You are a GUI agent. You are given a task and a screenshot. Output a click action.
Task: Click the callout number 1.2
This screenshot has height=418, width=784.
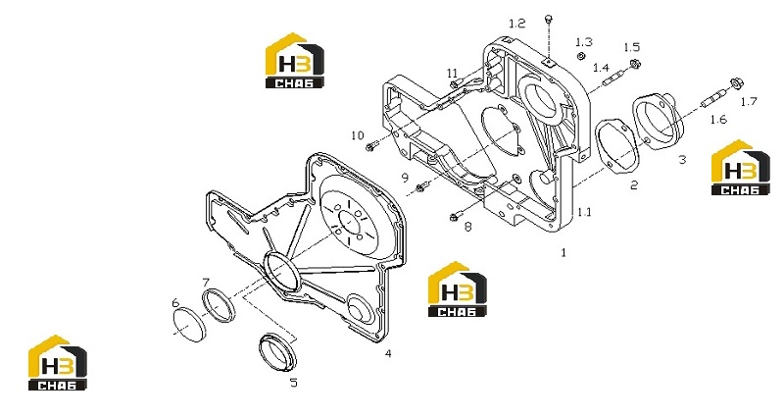517,24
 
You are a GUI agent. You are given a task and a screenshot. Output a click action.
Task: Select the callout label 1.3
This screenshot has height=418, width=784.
583,42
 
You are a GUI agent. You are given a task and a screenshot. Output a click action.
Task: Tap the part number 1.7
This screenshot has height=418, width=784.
749,102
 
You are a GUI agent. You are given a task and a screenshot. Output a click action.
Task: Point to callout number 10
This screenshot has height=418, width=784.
358,135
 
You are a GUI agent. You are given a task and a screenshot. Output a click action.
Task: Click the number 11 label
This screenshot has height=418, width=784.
452,74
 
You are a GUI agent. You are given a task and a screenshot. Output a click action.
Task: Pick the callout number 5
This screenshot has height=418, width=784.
294,383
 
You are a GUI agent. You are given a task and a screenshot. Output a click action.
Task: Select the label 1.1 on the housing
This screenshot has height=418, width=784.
584,212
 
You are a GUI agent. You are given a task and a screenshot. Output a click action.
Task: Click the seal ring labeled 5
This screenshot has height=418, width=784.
277,352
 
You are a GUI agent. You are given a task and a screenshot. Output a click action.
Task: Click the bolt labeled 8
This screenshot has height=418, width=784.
455,217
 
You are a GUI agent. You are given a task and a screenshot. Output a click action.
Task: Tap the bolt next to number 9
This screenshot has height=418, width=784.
421,186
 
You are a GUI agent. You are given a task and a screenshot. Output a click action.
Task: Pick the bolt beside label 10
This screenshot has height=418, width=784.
371,146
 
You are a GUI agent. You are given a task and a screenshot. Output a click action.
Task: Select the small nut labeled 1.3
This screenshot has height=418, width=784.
581,56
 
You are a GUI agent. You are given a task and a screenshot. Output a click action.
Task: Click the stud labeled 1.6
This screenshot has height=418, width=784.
713,98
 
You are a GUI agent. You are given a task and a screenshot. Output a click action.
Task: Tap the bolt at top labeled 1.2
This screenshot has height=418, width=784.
549,19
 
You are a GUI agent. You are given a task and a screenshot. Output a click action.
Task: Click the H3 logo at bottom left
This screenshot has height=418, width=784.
57,362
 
